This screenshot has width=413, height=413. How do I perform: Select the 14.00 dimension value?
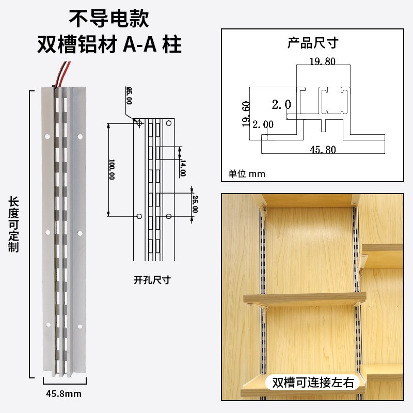[183, 168]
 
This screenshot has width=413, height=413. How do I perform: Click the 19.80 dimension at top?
[322, 61]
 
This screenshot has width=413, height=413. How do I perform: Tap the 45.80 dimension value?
[323, 150]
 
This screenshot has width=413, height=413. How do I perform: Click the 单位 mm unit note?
[247, 173]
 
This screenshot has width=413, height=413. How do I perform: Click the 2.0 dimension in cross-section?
[281, 105]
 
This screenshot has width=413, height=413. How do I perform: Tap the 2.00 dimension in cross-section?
[263, 123]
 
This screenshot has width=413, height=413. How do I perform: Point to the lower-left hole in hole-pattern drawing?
[139, 215]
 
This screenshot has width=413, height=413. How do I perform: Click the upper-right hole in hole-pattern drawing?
[168, 123]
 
